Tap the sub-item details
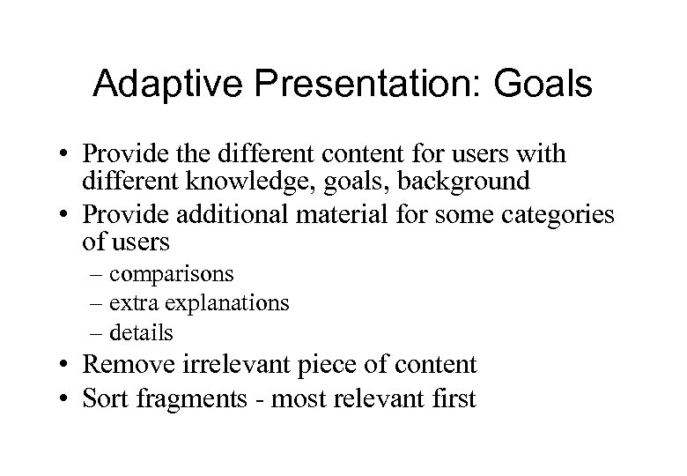(x=144, y=332)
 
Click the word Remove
(x=129, y=364)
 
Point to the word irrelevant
(x=233, y=364)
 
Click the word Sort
(x=107, y=398)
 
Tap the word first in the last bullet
(x=451, y=398)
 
